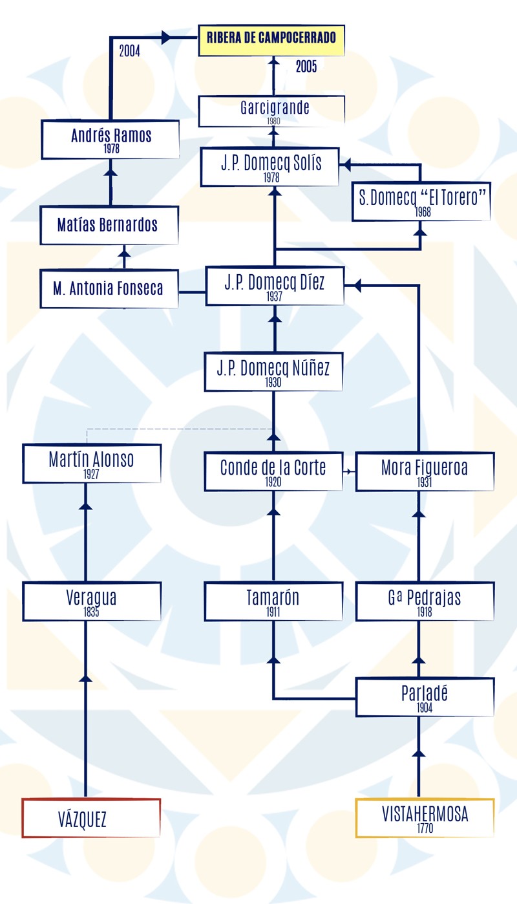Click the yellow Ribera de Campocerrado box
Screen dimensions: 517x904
click(271, 40)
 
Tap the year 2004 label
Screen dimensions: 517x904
click(129, 51)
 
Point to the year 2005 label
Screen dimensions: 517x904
click(306, 67)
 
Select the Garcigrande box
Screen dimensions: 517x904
click(271, 111)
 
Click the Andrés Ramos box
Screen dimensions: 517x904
click(110, 140)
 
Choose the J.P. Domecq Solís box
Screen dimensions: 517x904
click(269, 167)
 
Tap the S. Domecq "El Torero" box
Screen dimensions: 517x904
click(421, 201)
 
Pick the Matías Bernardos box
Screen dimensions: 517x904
click(109, 225)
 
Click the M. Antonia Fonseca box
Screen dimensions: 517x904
click(109, 289)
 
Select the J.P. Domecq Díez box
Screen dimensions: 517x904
click(275, 286)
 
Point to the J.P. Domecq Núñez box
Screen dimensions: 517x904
click(273, 372)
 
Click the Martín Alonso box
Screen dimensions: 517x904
click(92, 463)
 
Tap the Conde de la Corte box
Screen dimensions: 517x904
click(273, 471)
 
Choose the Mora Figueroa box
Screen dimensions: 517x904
click(425, 471)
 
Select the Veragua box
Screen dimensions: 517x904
click(92, 601)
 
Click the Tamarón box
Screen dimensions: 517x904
click(273, 601)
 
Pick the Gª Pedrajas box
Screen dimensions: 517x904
click(425, 601)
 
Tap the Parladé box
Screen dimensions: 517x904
click(425, 697)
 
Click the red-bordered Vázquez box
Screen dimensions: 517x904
click(91, 818)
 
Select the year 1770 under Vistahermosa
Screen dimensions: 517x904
click(425, 828)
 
